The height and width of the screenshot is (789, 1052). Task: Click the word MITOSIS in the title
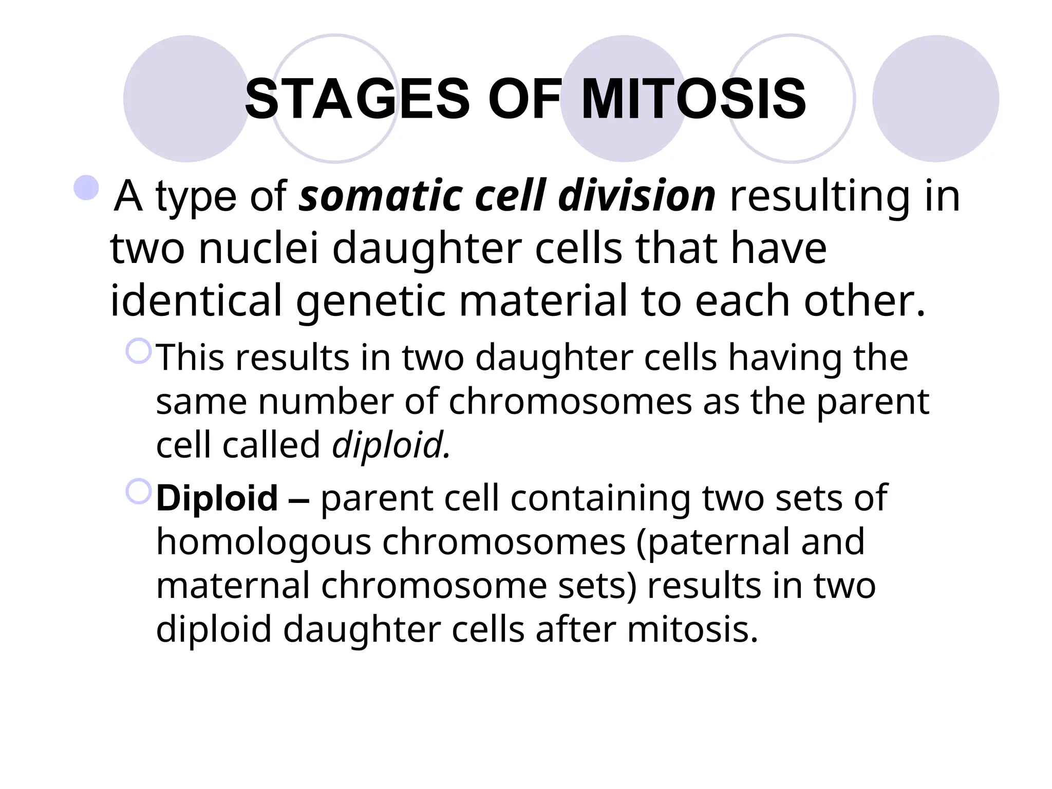(693, 99)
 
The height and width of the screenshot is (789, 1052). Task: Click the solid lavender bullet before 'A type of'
(86, 188)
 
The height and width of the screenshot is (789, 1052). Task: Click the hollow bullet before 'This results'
(139, 351)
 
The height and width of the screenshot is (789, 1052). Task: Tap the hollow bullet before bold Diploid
(139, 492)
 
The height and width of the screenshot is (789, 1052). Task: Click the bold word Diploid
(217, 498)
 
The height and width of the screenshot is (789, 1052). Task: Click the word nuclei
(259, 249)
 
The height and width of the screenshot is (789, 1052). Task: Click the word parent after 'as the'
(873, 403)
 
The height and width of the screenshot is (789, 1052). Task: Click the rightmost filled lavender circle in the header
(935, 99)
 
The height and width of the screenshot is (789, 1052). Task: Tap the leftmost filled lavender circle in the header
(186, 99)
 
